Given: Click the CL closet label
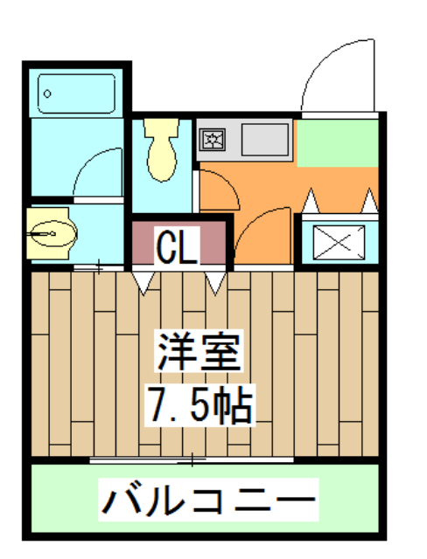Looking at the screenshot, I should click(178, 246).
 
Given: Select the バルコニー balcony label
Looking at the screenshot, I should click(208, 500).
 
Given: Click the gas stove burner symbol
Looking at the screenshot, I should click(213, 138).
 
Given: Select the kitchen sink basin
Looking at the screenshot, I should click(263, 139).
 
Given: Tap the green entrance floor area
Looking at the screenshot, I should click(337, 141).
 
